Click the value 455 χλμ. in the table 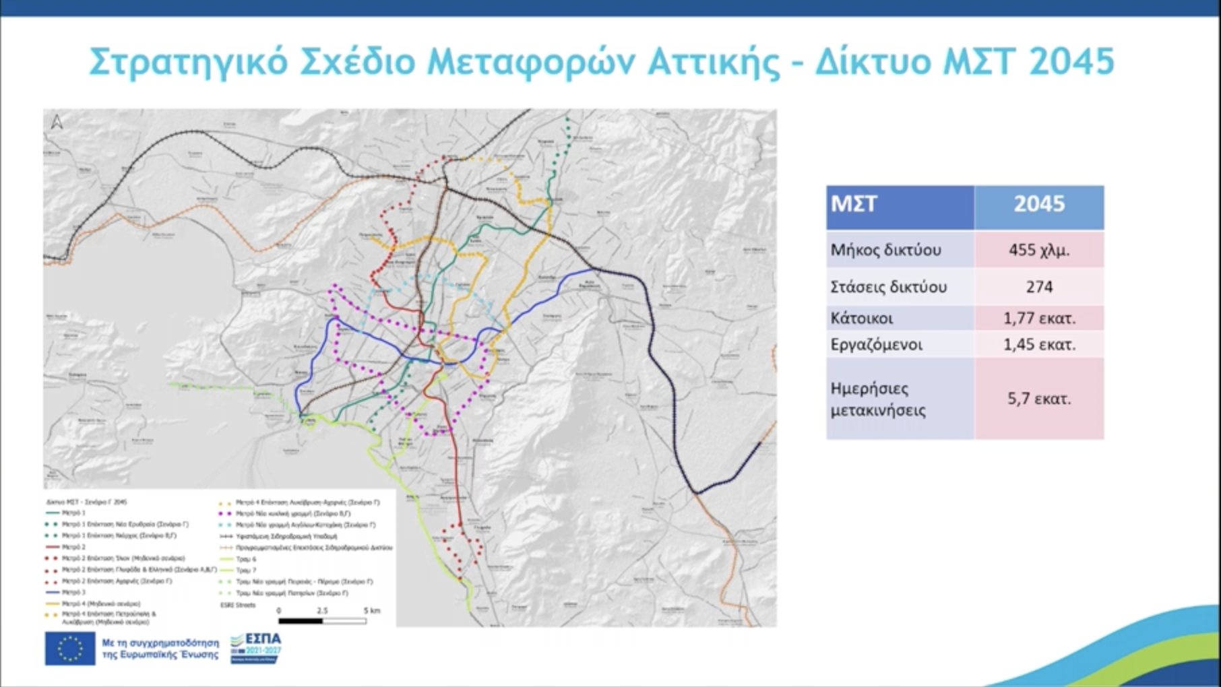[1038, 250]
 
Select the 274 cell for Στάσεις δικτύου [1038, 287]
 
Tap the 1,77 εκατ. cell [1038, 318]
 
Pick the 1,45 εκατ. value [1038, 345]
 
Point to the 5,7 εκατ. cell [1038, 399]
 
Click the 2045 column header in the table [1038, 204]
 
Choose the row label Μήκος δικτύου [885, 250]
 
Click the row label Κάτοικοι [861, 318]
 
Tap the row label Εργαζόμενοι [876, 345]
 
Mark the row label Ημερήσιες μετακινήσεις [878, 399]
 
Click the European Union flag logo [70, 649]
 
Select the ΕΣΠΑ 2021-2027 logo [256, 648]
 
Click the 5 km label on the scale [371, 611]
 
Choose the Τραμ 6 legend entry [246, 559]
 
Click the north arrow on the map [57, 122]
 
